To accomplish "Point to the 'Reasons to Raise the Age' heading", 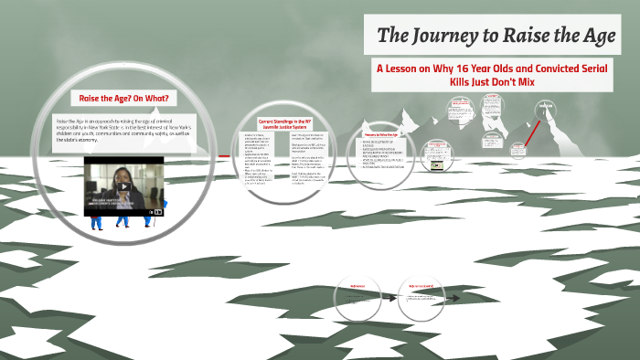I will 385,133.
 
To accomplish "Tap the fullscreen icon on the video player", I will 158,211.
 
